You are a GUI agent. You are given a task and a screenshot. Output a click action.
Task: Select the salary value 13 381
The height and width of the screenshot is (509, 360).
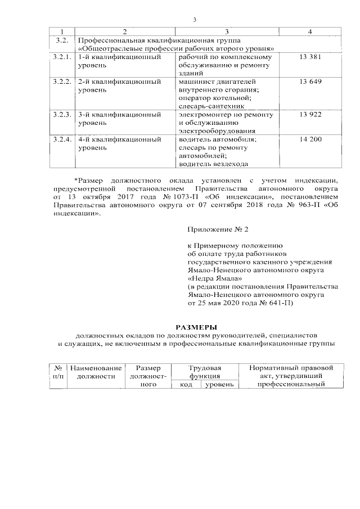click(310, 57)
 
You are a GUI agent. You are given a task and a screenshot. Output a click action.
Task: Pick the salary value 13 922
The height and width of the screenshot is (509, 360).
click(310, 115)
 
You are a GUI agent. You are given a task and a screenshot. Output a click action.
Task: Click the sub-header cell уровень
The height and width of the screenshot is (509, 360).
click(219, 385)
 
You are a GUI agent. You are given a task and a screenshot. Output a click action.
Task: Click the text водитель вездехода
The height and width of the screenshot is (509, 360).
click(213, 164)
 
